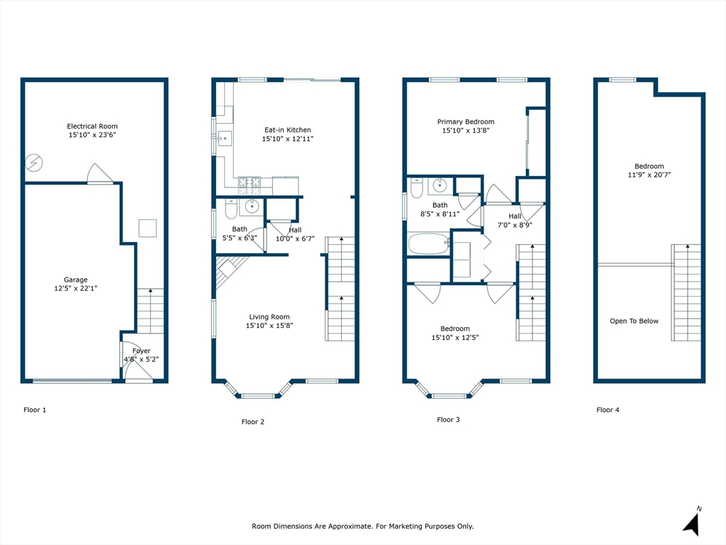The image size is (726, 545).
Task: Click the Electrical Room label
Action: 92,126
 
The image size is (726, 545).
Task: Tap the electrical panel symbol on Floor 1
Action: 34,163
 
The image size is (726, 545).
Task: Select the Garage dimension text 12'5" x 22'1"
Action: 75,288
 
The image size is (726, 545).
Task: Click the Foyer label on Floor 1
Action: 141,351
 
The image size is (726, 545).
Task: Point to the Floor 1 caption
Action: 35,409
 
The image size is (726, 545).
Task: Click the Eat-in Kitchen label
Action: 288,130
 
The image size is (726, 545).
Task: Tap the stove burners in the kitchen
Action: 249,185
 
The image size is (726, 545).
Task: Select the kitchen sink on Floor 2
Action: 225,138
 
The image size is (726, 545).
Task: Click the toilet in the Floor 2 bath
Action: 231,209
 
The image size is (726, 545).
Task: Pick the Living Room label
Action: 269,317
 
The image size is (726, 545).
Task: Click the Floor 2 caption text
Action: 253,422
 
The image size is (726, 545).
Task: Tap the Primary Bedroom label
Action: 466,122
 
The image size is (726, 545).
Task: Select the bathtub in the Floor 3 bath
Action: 429,244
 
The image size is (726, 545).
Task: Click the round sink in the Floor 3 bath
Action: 440,185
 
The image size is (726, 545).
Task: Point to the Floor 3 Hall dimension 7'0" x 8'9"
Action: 515,225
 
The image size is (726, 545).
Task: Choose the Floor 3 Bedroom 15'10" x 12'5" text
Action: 455,337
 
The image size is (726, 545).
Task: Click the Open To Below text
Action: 634,321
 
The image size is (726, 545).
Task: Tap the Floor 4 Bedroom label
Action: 649,166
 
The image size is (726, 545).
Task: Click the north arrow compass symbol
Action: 691,523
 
